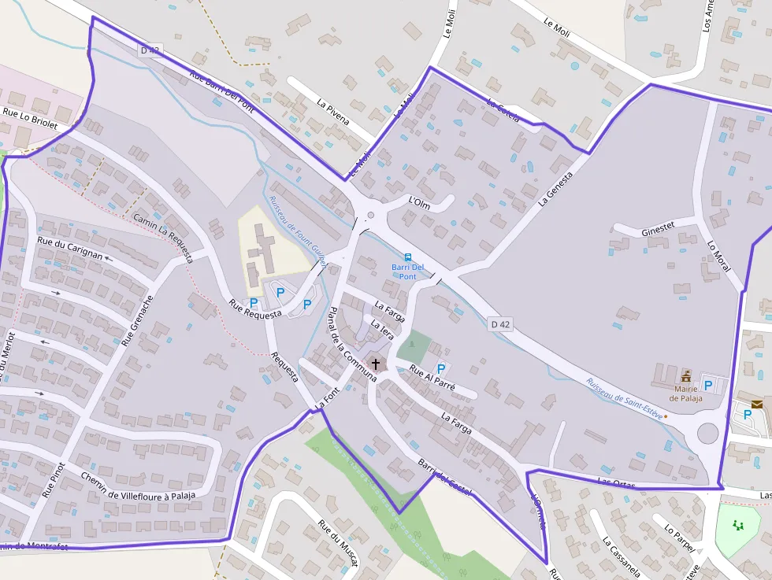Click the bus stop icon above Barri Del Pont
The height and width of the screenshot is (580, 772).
tap(407, 257)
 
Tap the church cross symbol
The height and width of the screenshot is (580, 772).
tap(376, 364)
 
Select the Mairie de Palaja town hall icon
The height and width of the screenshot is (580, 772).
tap(685, 375)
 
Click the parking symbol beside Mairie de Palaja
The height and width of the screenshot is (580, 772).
tap(708, 385)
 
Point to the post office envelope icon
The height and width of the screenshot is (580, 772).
tap(757, 404)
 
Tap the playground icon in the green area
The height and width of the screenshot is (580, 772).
tap(738, 525)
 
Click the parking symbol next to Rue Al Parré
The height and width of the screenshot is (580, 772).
tap(441, 368)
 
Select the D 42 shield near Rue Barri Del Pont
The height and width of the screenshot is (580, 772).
tap(150, 50)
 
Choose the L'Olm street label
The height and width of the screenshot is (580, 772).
tap(419, 202)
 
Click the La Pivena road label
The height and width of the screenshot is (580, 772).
tap(332, 113)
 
